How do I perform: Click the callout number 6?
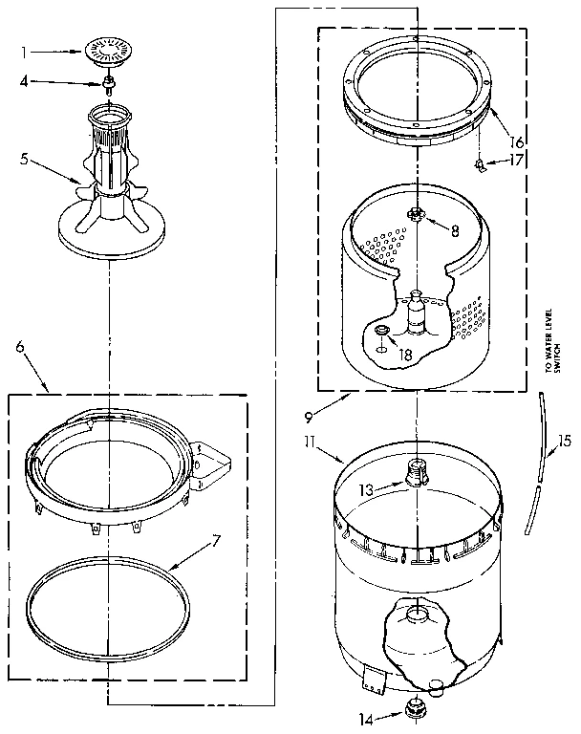pyautogui.click(x=19, y=347)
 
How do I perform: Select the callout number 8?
pyautogui.click(x=454, y=228)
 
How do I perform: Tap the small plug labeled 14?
pyautogui.click(x=417, y=708)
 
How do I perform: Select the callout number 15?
pyautogui.click(x=557, y=442)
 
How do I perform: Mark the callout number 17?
pyautogui.click(x=517, y=161)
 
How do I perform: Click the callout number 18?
pyautogui.click(x=405, y=354)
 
